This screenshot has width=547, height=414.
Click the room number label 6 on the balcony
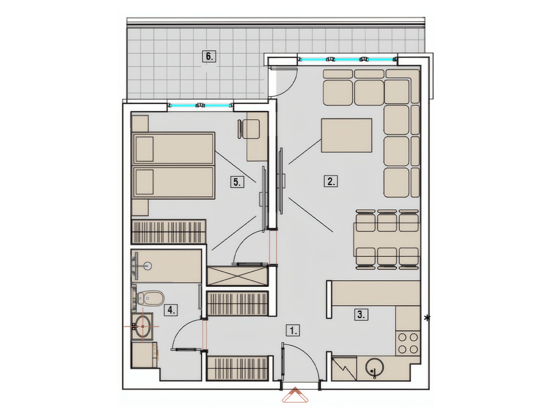pyautogui.click(x=209, y=57)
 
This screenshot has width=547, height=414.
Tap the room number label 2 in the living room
pyautogui.click(x=331, y=181)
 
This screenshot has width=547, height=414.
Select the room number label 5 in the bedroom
pyautogui.click(x=237, y=182)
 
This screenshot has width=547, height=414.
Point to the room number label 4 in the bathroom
pyautogui.click(x=171, y=310)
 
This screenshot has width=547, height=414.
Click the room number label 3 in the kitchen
pyautogui.click(x=361, y=315)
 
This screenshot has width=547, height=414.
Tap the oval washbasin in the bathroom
pyautogui.click(x=141, y=326)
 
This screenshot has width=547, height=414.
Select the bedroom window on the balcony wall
pyautogui.click(x=201, y=106)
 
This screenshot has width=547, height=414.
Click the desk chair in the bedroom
pyautogui.click(x=249, y=129)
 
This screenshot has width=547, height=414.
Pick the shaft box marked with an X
pyautogui.click(x=238, y=276)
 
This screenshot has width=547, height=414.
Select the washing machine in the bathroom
pyautogui.click(x=144, y=355)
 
